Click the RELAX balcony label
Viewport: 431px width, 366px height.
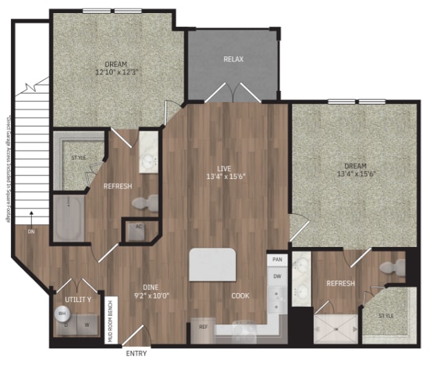[x=233, y=59]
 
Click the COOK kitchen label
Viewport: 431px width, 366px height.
[x=240, y=296]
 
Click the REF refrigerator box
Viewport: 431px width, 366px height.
[x=204, y=327]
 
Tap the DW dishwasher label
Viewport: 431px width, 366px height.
[x=277, y=276]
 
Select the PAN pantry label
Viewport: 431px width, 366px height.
[x=277, y=259]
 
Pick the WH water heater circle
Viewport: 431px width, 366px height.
[x=63, y=312]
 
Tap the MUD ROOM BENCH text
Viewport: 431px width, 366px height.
[x=109, y=321]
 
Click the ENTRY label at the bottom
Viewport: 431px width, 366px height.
[x=138, y=354]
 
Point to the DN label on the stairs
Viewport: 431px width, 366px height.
[x=31, y=232]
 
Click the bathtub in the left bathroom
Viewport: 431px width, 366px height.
[x=69, y=219]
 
